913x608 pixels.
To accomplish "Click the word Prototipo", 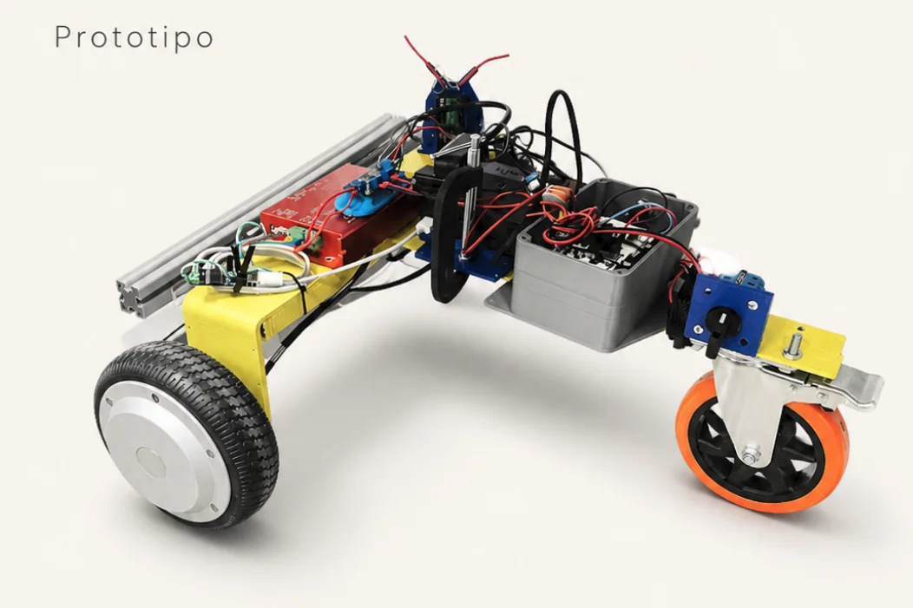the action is pos(134,37).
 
